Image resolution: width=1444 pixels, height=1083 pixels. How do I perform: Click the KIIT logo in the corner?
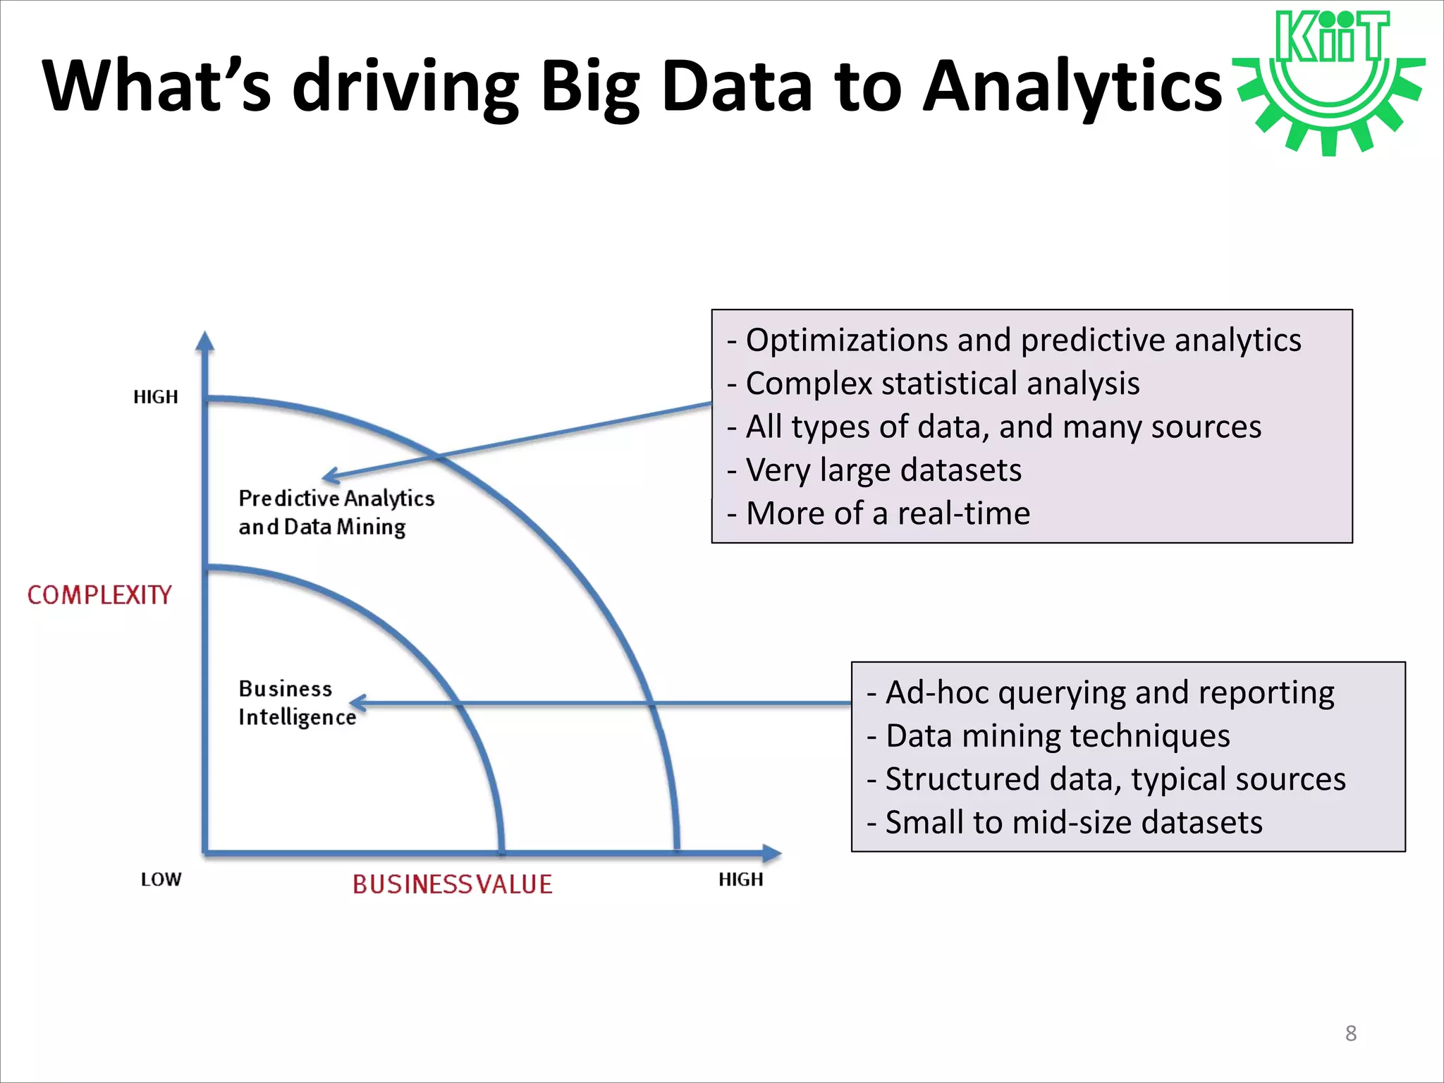coord(1330,81)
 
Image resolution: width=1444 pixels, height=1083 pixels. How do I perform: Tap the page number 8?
coord(1350,1033)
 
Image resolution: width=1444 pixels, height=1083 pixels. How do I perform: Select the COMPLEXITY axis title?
coord(99,595)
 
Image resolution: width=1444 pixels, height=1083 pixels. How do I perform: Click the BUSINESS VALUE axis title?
coord(452,884)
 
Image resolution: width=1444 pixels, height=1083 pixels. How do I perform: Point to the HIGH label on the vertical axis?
coord(156,397)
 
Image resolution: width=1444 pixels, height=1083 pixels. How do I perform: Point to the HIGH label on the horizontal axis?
coord(740,879)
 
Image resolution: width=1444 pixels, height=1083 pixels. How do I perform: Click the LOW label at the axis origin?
coord(161,879)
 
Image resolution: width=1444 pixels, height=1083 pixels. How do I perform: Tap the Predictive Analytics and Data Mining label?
coord(336,513)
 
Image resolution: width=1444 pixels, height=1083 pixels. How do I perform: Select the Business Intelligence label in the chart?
coord(296,702)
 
